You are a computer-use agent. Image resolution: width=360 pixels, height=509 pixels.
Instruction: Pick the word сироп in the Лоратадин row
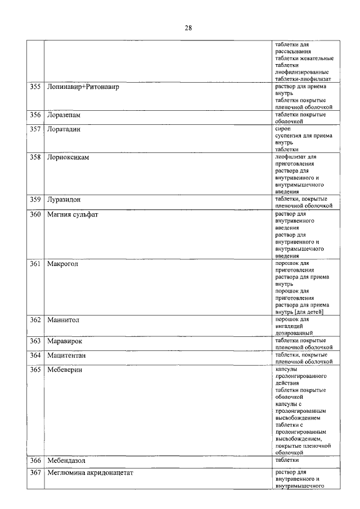[x=283, y=129]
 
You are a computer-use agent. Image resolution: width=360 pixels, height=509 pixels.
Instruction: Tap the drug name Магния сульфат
[x=73, y=214]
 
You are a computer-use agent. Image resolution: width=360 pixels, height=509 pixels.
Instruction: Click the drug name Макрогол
[x=63, y=263]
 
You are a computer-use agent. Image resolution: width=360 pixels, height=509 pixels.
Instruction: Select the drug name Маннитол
[x=64, y=320]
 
